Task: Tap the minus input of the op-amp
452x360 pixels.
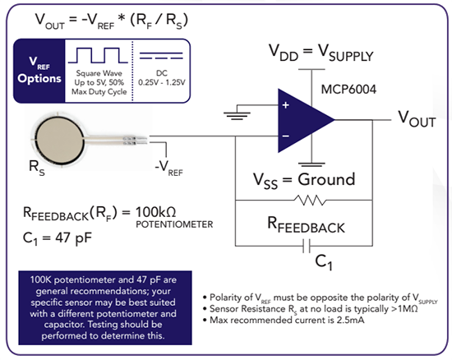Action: pos(286,134)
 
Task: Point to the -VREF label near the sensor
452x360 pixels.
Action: pos(168,168)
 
